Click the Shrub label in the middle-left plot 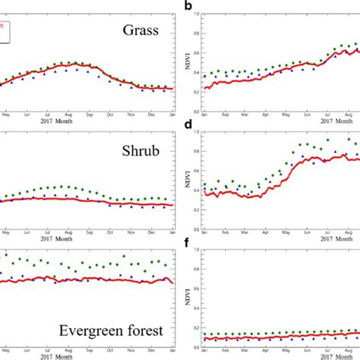142,151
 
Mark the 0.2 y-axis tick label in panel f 196,328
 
